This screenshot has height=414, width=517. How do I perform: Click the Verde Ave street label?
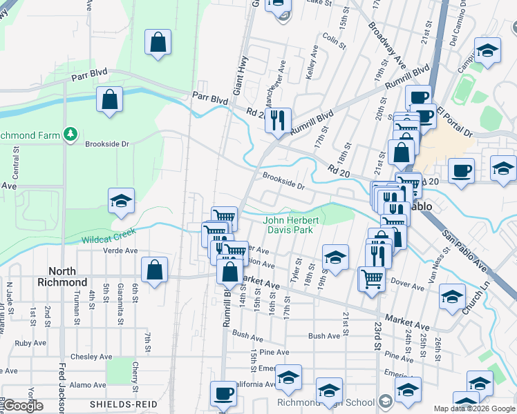[122, 250]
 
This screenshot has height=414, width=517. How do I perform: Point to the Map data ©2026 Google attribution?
[474, 408]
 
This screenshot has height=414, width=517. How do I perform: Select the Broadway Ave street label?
[387, 45]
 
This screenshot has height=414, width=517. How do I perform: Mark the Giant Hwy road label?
[241, 76]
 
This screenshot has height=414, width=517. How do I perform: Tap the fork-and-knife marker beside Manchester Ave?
[278, 120]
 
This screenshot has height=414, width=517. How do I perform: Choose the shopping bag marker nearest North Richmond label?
[155, 270]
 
